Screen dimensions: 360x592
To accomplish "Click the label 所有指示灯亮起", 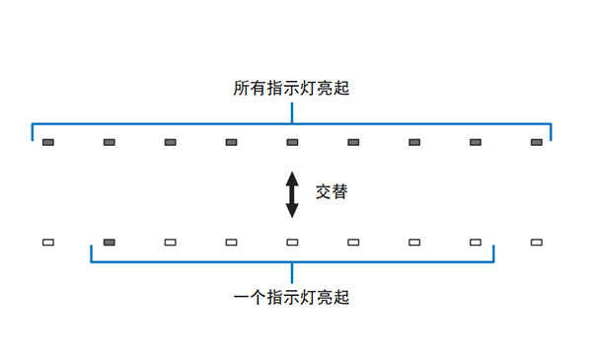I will pyautogui.click(x=292, y=89).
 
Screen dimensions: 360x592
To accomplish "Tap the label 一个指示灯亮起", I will pyautogui.click(x=292, y=297).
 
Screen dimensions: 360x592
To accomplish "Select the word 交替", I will pyautogui.click(x=331, y=193).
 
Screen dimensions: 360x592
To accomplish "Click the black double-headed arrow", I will pyautogui.click(x=292, y=194).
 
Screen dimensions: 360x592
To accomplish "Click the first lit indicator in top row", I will pyautogui.click(x=47, y=143).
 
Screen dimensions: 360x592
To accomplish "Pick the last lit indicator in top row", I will pyautogui.click(x=537, y=143).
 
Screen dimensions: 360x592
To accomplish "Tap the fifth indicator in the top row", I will pyautogui.click(x=292, y=143).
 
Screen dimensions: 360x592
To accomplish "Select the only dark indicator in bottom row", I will pyautogui.click(x=109, y=242).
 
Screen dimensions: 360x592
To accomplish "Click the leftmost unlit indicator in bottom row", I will pyautogui.click(x=47, y=242).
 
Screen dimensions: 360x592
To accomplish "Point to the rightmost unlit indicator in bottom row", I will pyautogui.click(x=537, y=242).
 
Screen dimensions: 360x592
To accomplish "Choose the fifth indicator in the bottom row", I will pyautogui.click(x=292, y=242).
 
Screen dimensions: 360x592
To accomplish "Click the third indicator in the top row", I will pyautogui.click(x=170, y=143).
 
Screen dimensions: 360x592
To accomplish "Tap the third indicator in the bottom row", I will pyautogui.click(x=170, y=242).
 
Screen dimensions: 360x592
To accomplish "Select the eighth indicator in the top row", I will pyautogui.click(x=476, y=143).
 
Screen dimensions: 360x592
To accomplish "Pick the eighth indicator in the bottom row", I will pyautogui.click(x=476, y=242).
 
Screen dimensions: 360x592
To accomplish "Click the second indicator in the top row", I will pyautogui.click(x=109, y=143).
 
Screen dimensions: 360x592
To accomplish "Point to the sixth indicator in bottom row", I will pyautogui.click(x=353, y=242).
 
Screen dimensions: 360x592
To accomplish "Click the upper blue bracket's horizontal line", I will pyautogui.click(x=197, y=124).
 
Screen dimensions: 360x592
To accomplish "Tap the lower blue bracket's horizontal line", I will pyautogui.click(x=197, y=262).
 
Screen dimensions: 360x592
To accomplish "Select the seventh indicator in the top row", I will pyautogui.click(x=414, y=143).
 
